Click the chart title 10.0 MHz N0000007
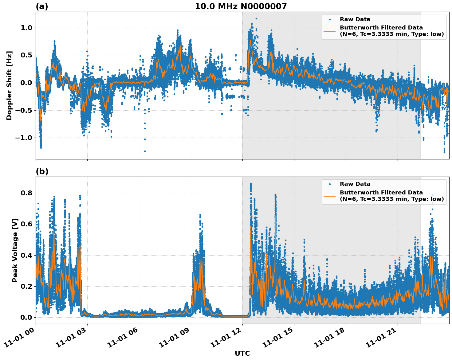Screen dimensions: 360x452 tap(241, 6)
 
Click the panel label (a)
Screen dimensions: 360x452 tap(42, 6)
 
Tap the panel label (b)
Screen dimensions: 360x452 tap(42, 171)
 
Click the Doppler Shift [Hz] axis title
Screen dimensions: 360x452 tap(9, 85)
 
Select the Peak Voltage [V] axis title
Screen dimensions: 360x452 tap(15, 250)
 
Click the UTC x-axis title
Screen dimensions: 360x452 tap(242, 353)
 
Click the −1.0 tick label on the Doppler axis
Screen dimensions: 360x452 tap(23, 138)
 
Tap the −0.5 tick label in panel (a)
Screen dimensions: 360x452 tap(23, 110)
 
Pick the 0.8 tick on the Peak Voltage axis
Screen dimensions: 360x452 tap(26, 193)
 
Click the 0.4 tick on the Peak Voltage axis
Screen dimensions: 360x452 tap(26, 255)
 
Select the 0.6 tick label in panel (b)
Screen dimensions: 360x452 tap(26, 224)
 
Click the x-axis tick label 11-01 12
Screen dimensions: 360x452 tap(225, 338)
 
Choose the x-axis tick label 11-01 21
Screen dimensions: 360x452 tap(380, 338)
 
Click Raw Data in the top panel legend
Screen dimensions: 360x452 tap(355, 19)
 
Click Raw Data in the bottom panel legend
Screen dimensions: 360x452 tap(355, 184)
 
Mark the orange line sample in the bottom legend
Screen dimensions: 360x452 tap(330, 196)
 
